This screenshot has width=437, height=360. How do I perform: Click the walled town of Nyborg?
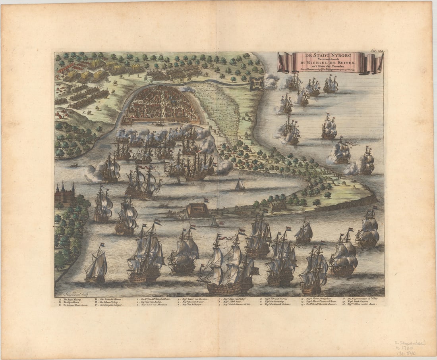click(x=161, y=104)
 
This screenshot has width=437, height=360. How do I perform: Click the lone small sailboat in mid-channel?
click(x=240, y=185)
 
